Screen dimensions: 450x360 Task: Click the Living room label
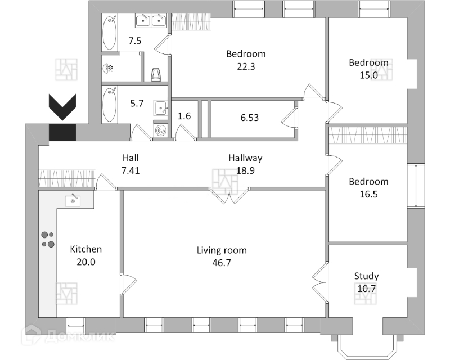click(222, 250)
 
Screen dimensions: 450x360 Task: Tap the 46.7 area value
click(222, 263)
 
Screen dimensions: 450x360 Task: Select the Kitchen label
click(86, 249)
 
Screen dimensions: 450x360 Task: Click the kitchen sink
click(74, 199)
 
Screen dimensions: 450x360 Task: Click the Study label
click(366, 276)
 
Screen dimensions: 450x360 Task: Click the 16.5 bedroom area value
click(368, 193)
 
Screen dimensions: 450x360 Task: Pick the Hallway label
click(245, 158)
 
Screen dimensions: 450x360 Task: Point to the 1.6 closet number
click(184, 116)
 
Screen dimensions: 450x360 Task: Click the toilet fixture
click(157, 74)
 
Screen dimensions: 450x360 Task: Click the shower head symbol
click(109, 69)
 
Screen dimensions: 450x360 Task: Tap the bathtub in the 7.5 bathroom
click(110, 32)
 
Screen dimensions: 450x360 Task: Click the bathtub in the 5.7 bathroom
click(110, 103)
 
